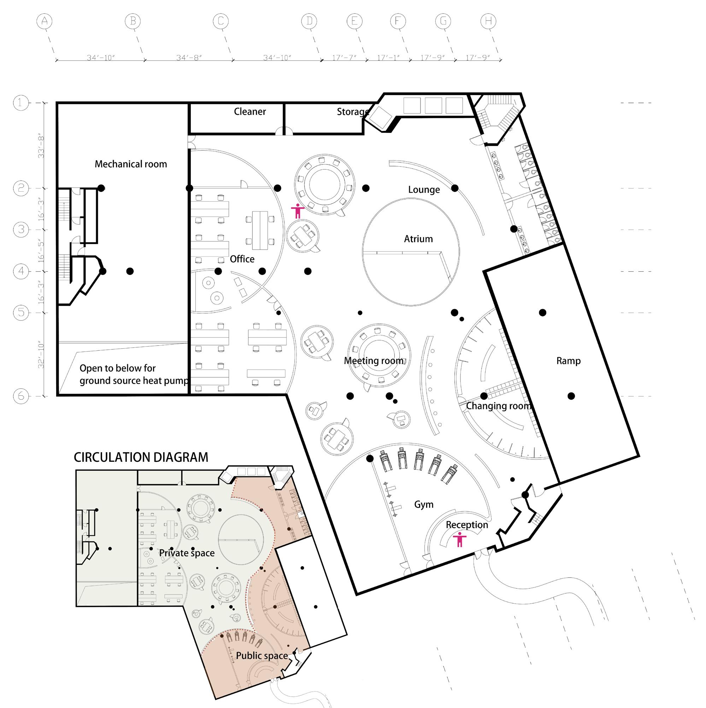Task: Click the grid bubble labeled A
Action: pyautogui.click(x=44, y=21)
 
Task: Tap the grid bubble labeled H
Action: pyautogui.click(x=488, y=21)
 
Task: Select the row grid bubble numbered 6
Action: pyautogui.click(x=21, y=396)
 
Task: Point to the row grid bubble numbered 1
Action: pyautogui.click(x=21, y=103)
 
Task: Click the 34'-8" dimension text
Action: pyautogui.click(x=189, y=58)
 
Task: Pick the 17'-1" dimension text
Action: pyautogui.click(x=388, y=58)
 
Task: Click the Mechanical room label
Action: pyautogui.click(x=131, y=164)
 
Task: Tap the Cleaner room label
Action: pyautogui.click(x=250, y=111)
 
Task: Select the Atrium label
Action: pyautogui.click(x=418, y=239)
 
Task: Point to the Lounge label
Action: pyautogui.click(x=424, y=190)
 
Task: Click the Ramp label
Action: pyautogui.click(x=568, y=361)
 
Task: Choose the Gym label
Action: pyautogui.click(x=424, y=504)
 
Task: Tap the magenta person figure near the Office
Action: pyautogui.click(x=298, y=211)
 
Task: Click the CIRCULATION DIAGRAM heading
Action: pyautogui.click(x=141, y=457)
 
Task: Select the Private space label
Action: pyautogui.click(x=187, y=553)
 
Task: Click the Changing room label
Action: pyautogui.click(x=498, y=406)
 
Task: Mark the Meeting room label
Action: pyautogui.click(x=373, y=361)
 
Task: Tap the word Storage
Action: pyautogui.click(x=353, y=111)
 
